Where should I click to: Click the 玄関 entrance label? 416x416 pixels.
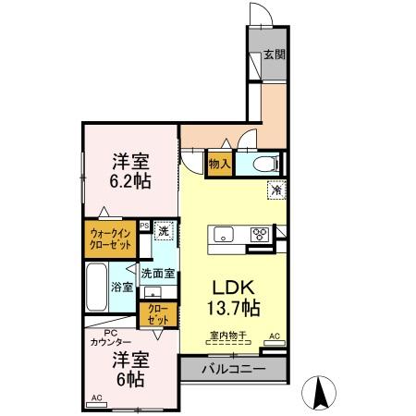(x=275, y=55)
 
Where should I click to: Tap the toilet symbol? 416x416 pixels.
(x=266, y=164)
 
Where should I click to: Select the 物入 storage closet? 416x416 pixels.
(x=220, y=164)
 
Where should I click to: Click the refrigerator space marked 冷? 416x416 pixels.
(x=276, y=190)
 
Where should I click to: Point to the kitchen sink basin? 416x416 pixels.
(x=224, y=235)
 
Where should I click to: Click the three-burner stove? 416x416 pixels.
(x=260, y=235)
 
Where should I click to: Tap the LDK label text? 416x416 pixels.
(x=234, y=288)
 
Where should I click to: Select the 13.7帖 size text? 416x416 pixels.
(x=234, y=308)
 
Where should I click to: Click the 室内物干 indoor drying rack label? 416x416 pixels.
(x=228, y=335)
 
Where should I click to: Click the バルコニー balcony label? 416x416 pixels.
(x=234, y=369)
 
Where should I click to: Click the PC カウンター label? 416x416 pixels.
(x=111, y=337)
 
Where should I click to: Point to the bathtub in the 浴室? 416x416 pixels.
(x=96, y=287)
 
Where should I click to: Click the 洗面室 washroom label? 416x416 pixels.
(x=158, y=274)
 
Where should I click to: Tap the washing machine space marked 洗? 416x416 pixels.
(x=164, y=230)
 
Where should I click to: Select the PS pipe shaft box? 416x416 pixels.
(x=144, y=226)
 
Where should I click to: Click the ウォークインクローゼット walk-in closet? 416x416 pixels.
(x=110, y=239)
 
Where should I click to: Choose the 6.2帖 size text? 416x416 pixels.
(x=130, y=181)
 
